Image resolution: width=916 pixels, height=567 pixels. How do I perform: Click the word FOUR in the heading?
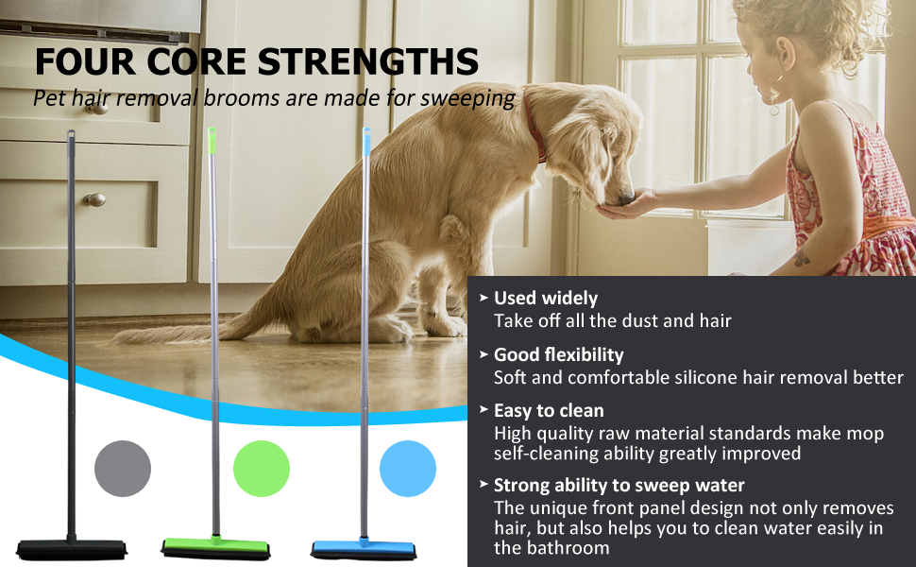coord(86,61)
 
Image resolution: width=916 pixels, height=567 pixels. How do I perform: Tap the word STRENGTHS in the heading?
coord(368,61)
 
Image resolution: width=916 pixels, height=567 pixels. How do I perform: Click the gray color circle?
coord(123,469)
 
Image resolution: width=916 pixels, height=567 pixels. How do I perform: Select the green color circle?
coord(262,469)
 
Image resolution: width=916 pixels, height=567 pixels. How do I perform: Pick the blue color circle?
coord(408,469)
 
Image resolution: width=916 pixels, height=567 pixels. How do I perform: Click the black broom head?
coord(71,549)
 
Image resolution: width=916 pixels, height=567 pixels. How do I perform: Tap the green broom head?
coord(216,547)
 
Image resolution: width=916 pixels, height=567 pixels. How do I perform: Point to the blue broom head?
coord(364,549)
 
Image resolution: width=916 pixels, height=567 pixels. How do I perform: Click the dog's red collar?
coord(534,126)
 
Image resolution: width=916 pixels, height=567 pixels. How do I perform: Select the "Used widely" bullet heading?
coord(546,298)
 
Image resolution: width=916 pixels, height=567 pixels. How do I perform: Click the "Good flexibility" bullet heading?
coord(558,354)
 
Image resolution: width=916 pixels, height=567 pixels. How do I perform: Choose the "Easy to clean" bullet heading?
coord(549,411)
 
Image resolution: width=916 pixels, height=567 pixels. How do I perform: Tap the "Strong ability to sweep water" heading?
coord(619,485)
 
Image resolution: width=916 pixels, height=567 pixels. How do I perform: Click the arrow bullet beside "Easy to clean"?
coord(483,410)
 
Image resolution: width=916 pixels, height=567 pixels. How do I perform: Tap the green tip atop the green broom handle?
coord(212,141)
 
